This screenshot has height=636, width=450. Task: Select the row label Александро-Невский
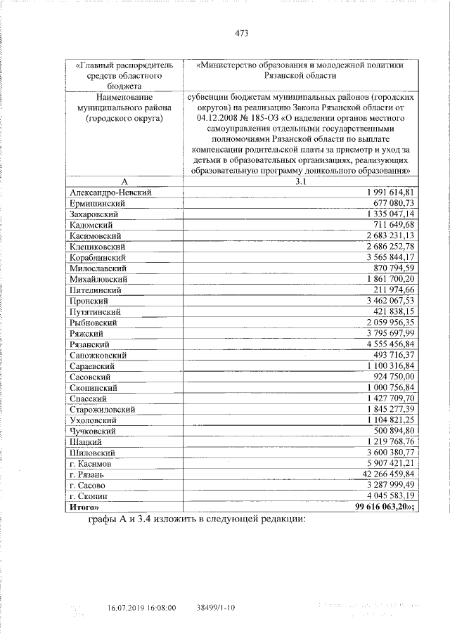111,192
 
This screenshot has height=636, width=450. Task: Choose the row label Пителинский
96,290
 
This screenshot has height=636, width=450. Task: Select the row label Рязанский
89,344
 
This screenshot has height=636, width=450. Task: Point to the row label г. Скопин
88,496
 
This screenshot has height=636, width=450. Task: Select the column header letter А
124,181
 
